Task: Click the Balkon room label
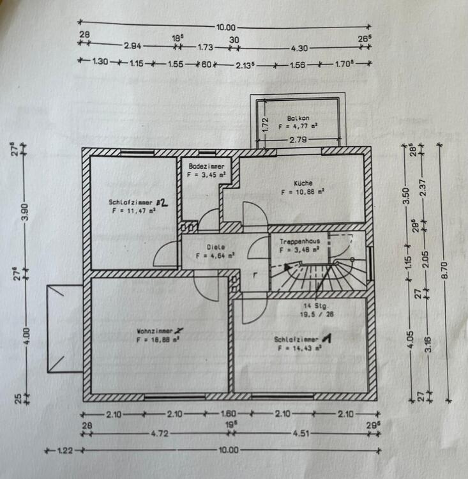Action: [x=298, y=118]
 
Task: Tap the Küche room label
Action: [x=303, y=182]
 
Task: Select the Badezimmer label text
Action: [x=206, y=165]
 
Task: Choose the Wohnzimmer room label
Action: [x=157, y=331]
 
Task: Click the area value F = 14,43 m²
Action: [x=297, y=349]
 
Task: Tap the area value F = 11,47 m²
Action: [x=133, y=209]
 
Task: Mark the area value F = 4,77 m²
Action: [x=298, y=126]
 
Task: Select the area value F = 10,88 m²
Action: [x=303, y=191]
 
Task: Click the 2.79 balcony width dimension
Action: [x=298, y=139]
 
